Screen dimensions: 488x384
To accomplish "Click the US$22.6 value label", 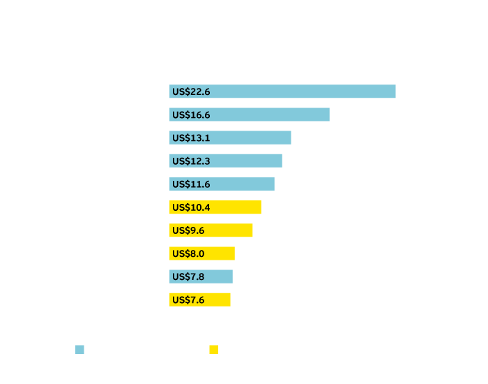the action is (191, 91).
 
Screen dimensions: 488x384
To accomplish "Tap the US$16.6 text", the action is (191, 115).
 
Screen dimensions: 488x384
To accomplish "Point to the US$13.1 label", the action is (191, 138).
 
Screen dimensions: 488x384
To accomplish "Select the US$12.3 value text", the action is (191, 161).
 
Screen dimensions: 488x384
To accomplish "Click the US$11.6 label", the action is (191, 184).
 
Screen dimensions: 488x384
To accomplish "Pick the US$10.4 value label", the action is (191, 207).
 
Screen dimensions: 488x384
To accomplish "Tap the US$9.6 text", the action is (188, 230).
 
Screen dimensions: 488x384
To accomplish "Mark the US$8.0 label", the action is (188, 253).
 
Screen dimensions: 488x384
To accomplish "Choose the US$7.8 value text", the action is (188, 276).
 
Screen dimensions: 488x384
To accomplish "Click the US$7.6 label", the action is (188, 300).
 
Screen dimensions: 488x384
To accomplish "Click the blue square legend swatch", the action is (79, 349).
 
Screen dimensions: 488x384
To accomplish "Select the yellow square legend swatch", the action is (214, 349).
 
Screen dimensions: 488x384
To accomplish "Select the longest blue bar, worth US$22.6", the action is (282, 91).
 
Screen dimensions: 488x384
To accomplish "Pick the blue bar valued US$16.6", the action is (250, 115).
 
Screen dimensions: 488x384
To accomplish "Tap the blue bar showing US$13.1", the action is (230, 138).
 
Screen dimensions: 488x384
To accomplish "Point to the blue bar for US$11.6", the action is (222, 184).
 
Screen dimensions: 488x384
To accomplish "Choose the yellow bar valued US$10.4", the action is (215, 207).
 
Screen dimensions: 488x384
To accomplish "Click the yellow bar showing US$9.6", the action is (211, 230).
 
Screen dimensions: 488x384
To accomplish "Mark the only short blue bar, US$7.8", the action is (201, 276).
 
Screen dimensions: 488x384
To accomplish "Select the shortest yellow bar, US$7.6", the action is (200, 300).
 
